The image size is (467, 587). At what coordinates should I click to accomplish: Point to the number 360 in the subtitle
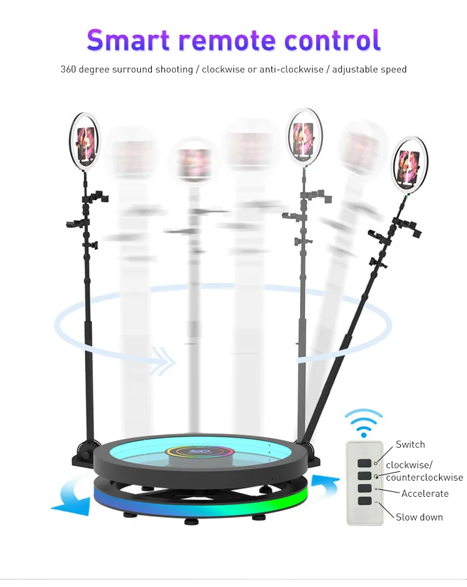point(68,69)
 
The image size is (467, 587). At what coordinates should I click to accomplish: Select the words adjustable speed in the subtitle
point(369,69)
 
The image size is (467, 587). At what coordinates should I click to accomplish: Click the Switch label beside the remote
point(410,445)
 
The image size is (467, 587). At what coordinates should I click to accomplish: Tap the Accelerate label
point(425,494)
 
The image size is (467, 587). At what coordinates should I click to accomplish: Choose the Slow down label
point(419,517)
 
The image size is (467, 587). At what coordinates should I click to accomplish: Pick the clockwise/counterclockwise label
point(424,471)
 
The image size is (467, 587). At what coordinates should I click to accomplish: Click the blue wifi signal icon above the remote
point(364,422)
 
